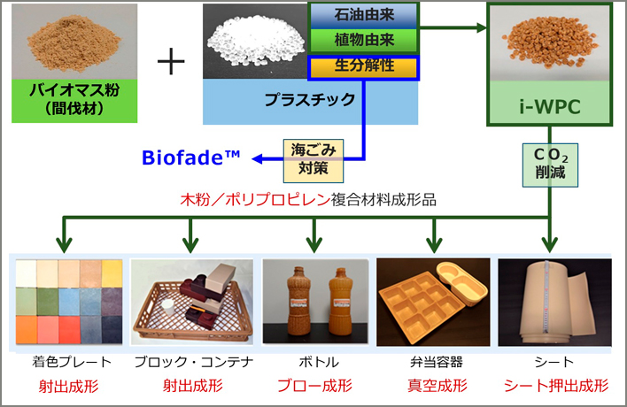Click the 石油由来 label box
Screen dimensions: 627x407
[x=364, y=16]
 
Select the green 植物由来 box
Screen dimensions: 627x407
[x=364, y=41]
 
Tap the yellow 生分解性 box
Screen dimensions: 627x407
[x=364, y=67]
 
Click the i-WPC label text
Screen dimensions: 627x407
[x=550, y=107]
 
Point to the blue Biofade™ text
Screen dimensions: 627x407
[x=191, y=157]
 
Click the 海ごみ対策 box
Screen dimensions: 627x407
[x=313, y=160]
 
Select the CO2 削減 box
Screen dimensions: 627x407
[x=550, y=165]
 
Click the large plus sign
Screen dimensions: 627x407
[x=171, y=62]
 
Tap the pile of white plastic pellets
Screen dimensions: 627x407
[x=256, y=40]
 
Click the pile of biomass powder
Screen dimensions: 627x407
[x=74, y=43]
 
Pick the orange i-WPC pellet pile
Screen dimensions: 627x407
[x=550, y=41]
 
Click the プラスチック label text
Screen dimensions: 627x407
[x=310, y=99]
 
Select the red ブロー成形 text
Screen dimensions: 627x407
[x=314, y=386]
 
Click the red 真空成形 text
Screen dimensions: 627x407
[x=437, y=386]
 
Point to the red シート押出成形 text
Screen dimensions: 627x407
[x=556, y=386]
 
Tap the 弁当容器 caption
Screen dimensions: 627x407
[x=437, y=362]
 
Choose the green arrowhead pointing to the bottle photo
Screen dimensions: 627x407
[x=314, y=244]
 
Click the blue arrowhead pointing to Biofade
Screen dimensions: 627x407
[x=257, y=158]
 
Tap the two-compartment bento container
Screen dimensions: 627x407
[x=461, y=282]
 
